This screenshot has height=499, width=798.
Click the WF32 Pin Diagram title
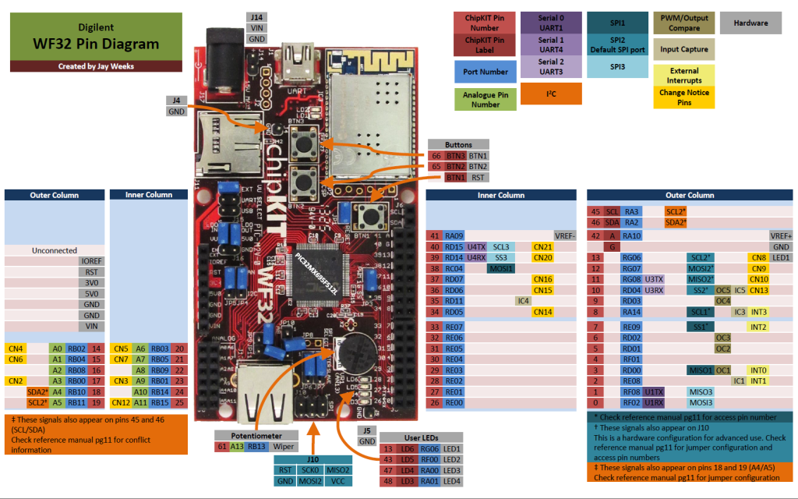(96, 44)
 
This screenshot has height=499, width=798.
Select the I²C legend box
(551, 94)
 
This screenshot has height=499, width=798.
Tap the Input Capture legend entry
(683, 49)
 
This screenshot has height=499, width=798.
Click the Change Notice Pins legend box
(683, 97)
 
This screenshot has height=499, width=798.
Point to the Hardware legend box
(750, 23)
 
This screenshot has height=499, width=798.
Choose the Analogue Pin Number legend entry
(485, 99)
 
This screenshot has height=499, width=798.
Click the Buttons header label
(458, 145)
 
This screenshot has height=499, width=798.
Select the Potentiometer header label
(256, 435)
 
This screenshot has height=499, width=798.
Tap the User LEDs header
(422, 437)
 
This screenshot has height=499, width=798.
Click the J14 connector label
(256, 16)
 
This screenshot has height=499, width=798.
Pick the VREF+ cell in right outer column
(779, 235)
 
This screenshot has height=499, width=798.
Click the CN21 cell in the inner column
(542, 246)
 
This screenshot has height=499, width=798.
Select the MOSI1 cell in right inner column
(501, 268)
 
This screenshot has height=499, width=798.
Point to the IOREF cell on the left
(90, 262)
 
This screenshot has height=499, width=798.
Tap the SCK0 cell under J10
(311, 470)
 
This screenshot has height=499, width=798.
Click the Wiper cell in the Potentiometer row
(283, 447)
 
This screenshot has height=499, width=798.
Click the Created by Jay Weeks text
(96, 66)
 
